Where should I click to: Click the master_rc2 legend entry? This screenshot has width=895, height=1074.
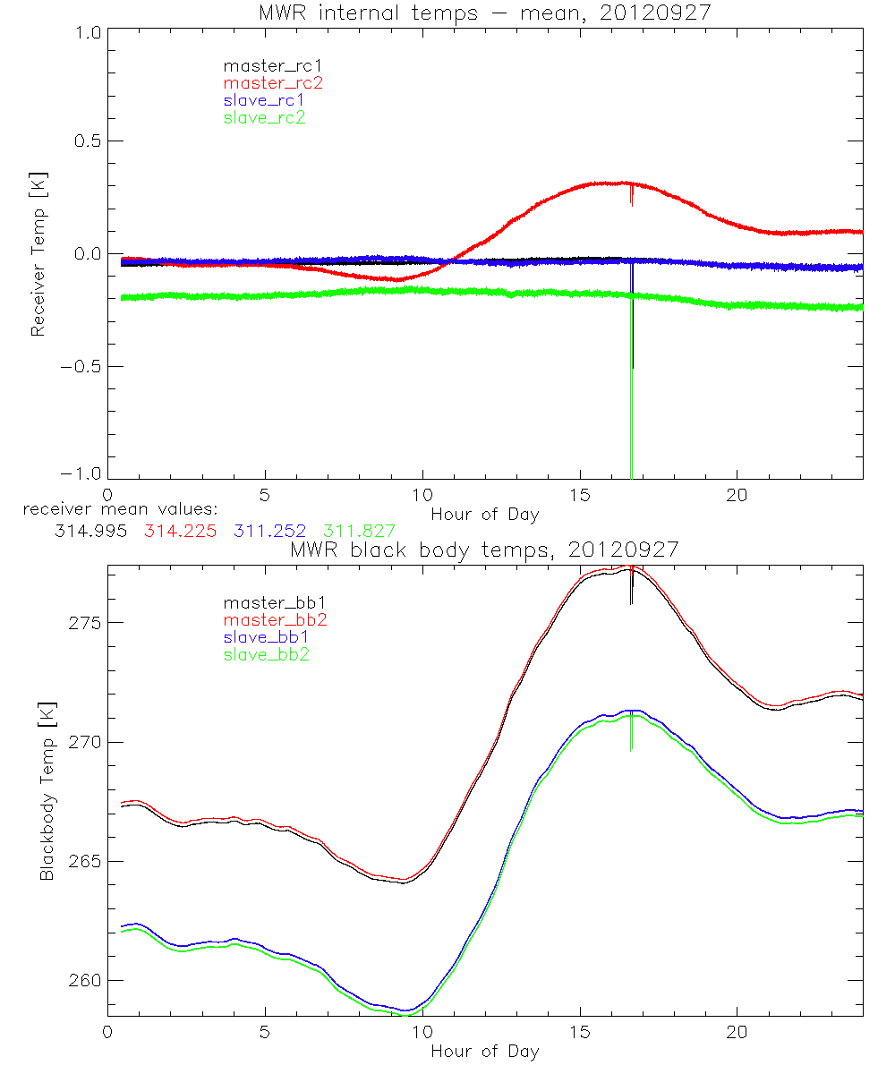(273, 82)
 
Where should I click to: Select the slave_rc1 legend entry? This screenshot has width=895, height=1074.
(264, 99)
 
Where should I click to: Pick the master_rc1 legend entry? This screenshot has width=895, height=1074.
(273, 65)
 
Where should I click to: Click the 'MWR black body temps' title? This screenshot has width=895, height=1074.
(484, 550)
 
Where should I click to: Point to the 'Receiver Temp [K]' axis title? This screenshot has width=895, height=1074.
(38, 253)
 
